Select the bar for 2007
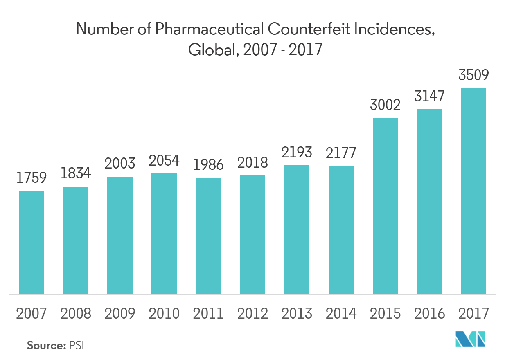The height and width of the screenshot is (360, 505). (31, 242)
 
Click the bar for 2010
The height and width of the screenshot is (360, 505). (164, 233)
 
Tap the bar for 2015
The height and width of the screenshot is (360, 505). (385, 205)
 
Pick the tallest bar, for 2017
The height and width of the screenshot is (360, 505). (473, 191)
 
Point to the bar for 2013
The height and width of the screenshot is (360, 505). (297, 229)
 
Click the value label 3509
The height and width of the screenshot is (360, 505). (473, 76)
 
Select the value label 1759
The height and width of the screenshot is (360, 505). (31, 178)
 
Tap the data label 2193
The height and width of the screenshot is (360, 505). (297, 153)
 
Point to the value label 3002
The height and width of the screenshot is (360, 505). (385, 106)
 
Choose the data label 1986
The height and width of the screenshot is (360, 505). (208, 165)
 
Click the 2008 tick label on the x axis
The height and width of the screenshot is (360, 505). (75, 314)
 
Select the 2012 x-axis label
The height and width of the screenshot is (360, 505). (253, 314)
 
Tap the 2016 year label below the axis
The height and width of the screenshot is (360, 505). (429, 314)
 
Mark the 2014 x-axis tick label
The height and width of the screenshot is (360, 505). (341, 314)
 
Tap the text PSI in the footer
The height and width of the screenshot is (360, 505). (76, 346)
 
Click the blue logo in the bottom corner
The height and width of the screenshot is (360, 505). (471, 339)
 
